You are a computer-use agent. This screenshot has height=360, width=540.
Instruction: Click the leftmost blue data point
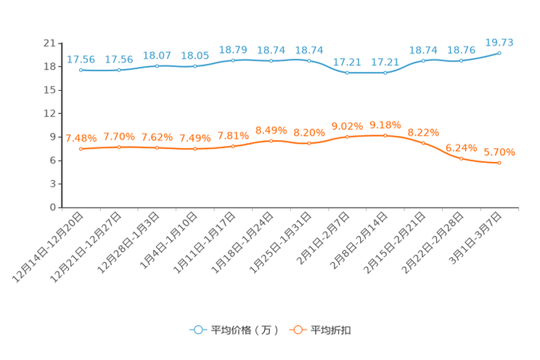(x=81, y=70)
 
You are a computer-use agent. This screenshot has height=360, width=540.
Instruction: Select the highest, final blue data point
(x=499, y=53)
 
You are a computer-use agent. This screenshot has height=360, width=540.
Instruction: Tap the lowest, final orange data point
(x=499, y=163)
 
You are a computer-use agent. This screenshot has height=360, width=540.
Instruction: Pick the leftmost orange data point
(x=81, y=149)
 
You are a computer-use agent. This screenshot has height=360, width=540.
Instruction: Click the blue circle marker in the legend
(x=197, y=330)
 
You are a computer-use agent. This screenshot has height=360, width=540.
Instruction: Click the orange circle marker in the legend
(x=297, y=330)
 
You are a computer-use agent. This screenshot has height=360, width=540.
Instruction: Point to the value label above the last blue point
(x=499, y=42)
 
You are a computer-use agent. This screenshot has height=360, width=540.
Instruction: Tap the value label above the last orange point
(x=499, y=152)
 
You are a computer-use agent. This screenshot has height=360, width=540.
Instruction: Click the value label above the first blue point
(x=81, y=60)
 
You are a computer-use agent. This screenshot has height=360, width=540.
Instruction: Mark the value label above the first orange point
(x=81, y=138)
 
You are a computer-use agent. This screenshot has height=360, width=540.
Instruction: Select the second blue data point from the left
(x=119, y=70)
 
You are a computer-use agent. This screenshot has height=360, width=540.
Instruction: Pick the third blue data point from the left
(x=157, y=66)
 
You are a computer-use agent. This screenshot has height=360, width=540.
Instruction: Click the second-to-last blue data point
(x=461, y=60)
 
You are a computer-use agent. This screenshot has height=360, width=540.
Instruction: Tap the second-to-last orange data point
(x=461, y=158)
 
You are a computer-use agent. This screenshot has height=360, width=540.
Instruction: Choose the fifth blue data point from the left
(x=233, y=60)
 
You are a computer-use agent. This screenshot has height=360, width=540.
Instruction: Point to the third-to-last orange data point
(x=423, y=143)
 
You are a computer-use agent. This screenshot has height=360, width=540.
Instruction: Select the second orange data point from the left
(x=119, y=147)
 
